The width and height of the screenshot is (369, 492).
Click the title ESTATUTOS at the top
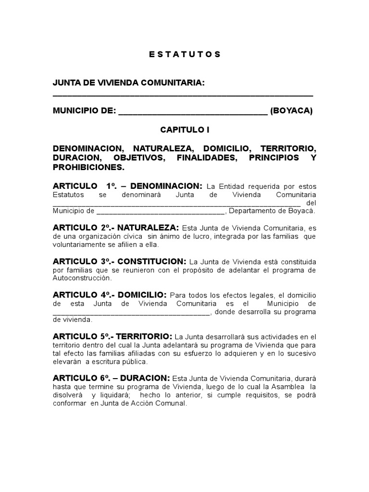[x=184, y=54]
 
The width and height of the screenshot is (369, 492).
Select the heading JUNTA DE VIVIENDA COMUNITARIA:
[x=129, y=83]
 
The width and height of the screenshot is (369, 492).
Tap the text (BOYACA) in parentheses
[x=291, y=111]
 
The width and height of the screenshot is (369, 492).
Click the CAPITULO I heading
[x=184, y=130]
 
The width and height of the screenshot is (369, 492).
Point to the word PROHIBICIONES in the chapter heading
[x=88, y=168]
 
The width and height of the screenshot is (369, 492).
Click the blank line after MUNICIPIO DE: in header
[x=193, y=112]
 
